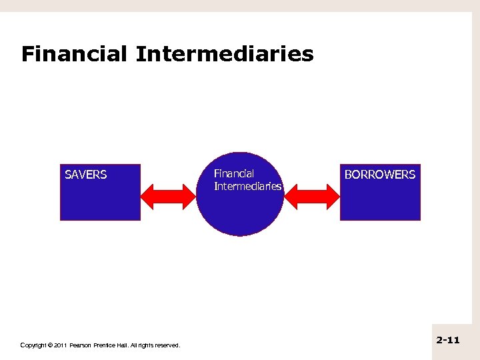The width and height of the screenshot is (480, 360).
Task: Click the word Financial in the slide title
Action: (x=74, y=54)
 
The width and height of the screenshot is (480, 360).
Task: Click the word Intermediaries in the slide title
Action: (x=224, y=54)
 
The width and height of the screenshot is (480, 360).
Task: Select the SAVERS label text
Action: (x=85, y=175)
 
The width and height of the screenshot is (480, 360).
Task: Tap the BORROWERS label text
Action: (x=379, y=175)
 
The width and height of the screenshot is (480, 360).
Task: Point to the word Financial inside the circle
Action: (x=233, y=174)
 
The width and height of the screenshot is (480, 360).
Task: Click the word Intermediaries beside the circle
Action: (x=247, y=186)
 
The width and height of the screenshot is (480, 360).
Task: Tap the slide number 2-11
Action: (x=448, y=340)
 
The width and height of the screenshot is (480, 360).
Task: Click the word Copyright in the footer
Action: (x=33, y=345)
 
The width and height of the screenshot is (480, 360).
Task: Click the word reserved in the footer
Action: (x=166, y=345)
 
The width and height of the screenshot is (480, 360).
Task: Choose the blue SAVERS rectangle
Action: (x=100, y=200)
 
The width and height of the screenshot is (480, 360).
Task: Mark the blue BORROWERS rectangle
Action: (x=380, y=200)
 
